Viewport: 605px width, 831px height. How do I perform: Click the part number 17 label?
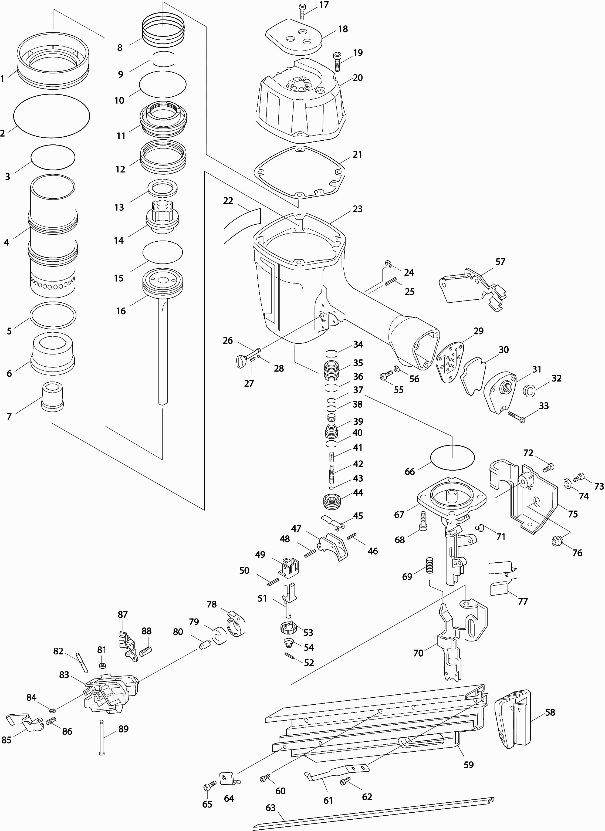tap(324, 5)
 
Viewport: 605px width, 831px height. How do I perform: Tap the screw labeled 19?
tap(337, 62)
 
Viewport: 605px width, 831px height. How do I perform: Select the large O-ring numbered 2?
tap(51, 116)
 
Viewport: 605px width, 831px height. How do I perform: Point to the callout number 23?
tap(358, 209)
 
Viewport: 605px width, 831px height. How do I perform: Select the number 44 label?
tap(358, 492)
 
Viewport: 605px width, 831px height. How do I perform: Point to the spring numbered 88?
tap(146, 651)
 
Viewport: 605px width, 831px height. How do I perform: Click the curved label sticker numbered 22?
tap(242, 225)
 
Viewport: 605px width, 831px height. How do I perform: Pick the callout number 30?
tap(504, 350)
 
